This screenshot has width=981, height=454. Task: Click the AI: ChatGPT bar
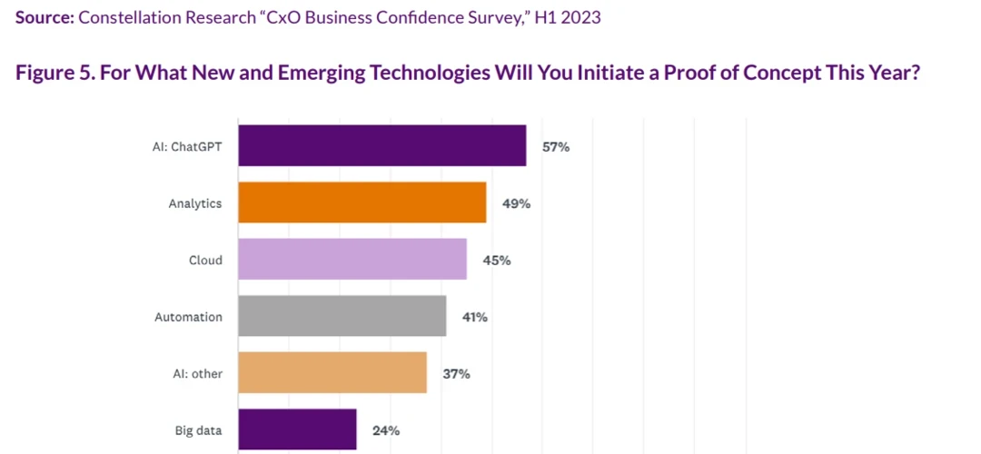[382, 146]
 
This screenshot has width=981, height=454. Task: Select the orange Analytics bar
[362, 202]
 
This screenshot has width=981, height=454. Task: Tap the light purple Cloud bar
[352, 260]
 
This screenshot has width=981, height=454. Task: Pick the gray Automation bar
[342, 317]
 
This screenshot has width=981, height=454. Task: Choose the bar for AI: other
[332, 373]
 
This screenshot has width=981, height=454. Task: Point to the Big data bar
[297, 429]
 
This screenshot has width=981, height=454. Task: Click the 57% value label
[556, 146]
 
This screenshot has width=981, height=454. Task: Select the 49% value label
[516, 203]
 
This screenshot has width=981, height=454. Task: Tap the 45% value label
[497, 261]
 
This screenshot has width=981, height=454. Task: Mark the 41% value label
[476, 317]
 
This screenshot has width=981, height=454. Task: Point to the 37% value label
[456, 373]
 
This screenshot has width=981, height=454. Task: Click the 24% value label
[386, 430]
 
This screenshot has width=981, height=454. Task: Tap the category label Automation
[188, 317]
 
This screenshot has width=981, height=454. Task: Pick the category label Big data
[198, 430]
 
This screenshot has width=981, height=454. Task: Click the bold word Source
[44, 17]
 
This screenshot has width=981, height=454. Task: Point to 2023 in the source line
[580, 17]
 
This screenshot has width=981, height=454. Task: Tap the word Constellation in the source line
[124, 17]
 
